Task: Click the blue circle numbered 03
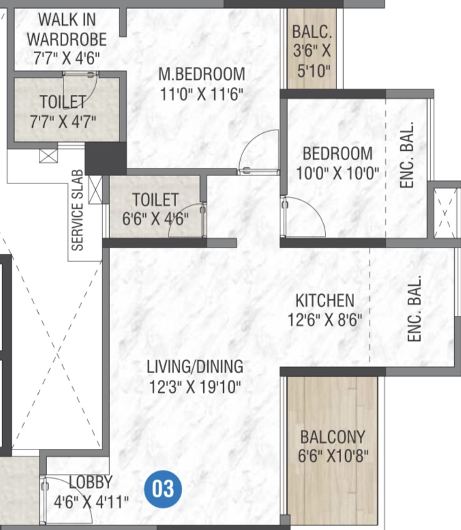tap(163, 489)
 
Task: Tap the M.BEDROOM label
tap(202, 74)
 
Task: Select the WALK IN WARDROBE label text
tap(67, 29)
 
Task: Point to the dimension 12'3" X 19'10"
tap(195, 387)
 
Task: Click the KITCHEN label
tap(325, 301)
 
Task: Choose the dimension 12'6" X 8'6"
tap(325, 320)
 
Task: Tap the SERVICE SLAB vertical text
tap(77, 210)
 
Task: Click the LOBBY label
tap(91, 482)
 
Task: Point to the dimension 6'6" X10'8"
tap(333, 456)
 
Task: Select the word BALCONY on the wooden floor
tap(333, 437)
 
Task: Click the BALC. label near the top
tap(312, 32)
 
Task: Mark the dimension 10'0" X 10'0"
tap(338, 173)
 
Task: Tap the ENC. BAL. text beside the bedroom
tap(407, 155)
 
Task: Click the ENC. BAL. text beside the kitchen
tap(415, 308)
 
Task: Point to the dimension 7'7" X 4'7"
tap(63, 121)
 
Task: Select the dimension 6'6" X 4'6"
tap(155, 219)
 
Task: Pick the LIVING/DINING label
tap(195, 367)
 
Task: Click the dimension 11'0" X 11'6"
tap(202, 94)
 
